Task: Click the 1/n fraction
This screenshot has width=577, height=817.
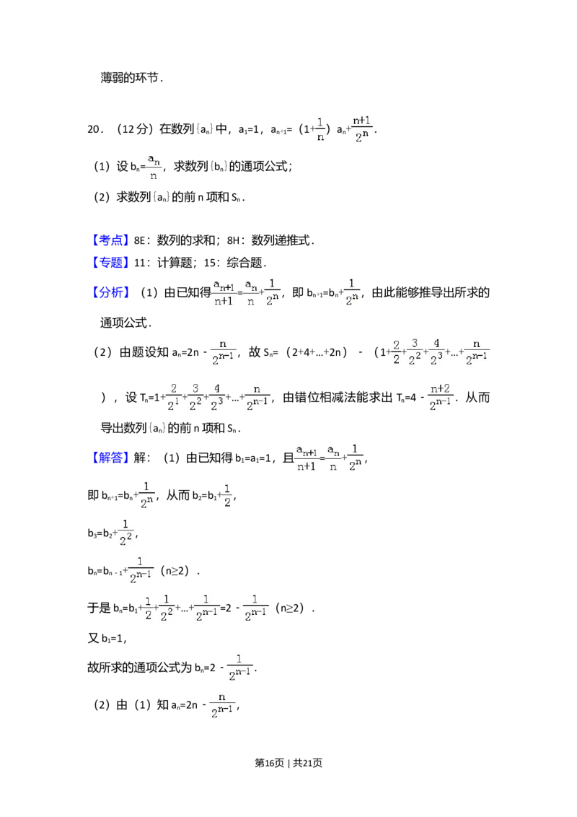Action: click(x=320, y=129)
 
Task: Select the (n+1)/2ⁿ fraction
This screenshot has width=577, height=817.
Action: click(x=361, y=127)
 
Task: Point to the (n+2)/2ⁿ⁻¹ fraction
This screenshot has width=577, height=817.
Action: click(x=441, y=398)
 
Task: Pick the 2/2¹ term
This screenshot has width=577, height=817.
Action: click(x=172, y=398)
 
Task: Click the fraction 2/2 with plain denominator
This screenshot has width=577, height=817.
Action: click(x=396, y=352)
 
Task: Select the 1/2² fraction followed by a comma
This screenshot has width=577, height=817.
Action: click(x=125, y=531)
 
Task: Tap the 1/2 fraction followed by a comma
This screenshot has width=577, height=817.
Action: click(x=228, y=494)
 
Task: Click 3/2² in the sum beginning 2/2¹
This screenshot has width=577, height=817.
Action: click(x=195, y=398)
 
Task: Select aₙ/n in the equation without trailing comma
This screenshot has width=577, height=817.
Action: click(x=251, y=292)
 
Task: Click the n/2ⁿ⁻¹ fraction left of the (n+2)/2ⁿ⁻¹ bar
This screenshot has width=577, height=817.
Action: click(x=256, y=398)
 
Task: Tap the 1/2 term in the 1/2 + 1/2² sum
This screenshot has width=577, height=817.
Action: click(x=148, y=607)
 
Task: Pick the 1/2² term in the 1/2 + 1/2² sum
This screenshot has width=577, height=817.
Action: click(x=167, y=607)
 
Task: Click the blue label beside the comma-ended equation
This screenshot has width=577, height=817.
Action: click(x=111, y=458)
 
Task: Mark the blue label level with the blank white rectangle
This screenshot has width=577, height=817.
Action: click(x=111, y=240)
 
